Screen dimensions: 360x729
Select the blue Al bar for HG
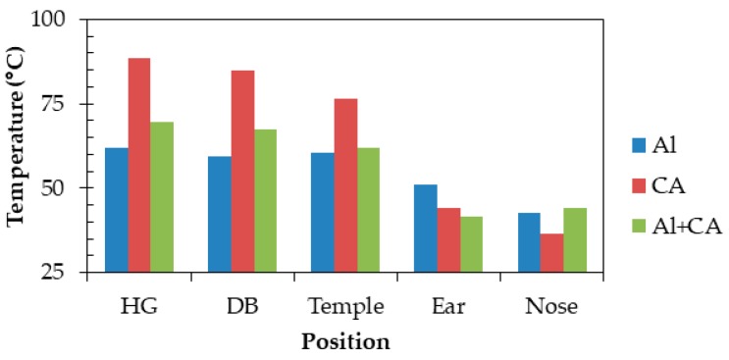116,210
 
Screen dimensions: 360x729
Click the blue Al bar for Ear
425,229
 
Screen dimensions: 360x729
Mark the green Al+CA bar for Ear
471,244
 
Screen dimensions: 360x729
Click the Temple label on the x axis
345,306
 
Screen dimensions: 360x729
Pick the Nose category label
551,306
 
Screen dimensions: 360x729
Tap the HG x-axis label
138,306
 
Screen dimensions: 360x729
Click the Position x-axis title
344,342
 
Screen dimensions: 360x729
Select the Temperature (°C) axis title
17,145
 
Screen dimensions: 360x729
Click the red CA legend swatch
638,186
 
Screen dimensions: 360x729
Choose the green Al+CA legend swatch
638,228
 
